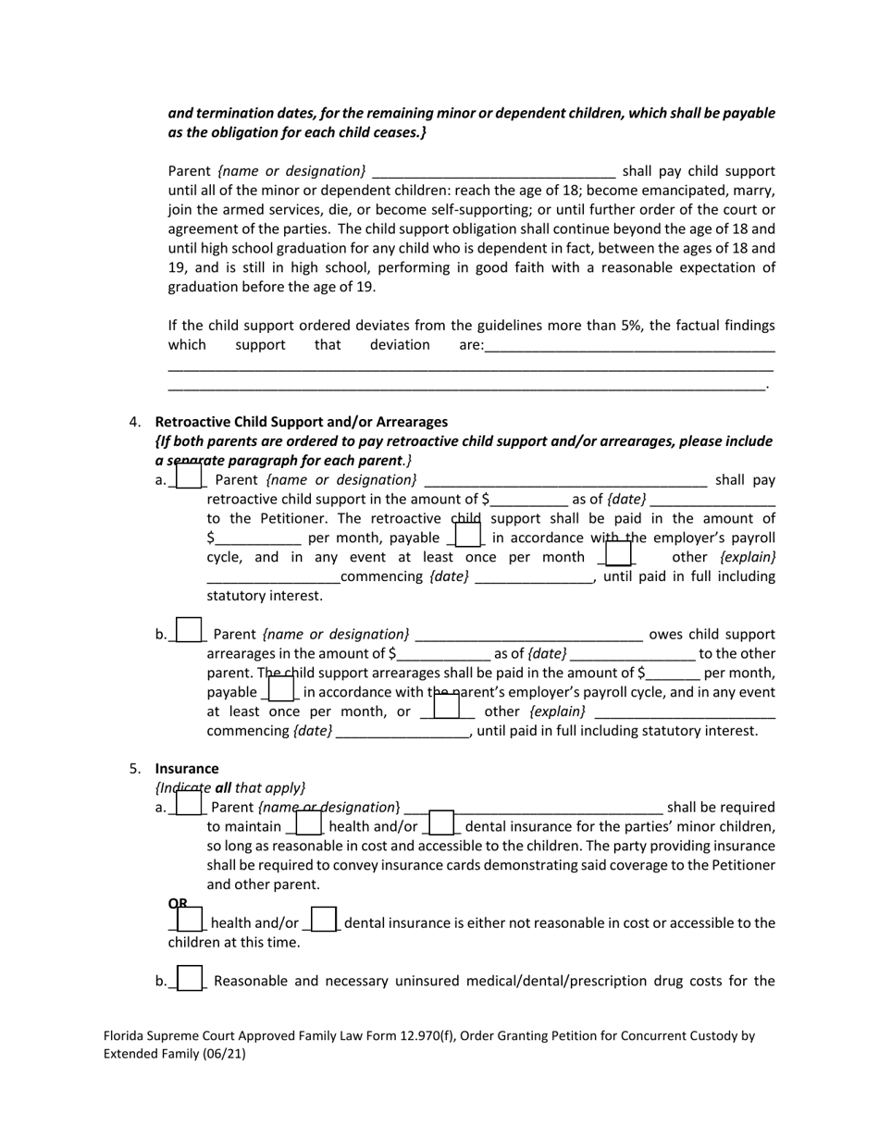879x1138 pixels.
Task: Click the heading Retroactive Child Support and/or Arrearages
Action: click(301, 422)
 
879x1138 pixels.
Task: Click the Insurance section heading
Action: click(187, 769)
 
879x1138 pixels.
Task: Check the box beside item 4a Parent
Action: click(189, 476)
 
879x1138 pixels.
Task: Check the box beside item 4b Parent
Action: click(189, 630)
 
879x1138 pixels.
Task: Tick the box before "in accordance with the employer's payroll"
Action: click(468, 535)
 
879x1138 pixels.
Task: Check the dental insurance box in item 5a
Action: click(441, 823)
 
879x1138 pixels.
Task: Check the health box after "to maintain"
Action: click(308, 823)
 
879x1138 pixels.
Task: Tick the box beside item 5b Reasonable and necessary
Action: click(189, 978)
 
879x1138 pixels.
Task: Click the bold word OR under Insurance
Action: click(178, 903)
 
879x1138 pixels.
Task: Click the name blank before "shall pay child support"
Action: click(493, 171)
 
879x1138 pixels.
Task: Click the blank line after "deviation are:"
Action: click(629, 346)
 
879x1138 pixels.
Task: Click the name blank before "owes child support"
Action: click(528, 635)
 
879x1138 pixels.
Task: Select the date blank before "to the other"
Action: click(632, 654)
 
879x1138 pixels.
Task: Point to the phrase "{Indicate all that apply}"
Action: click(229, 788)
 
